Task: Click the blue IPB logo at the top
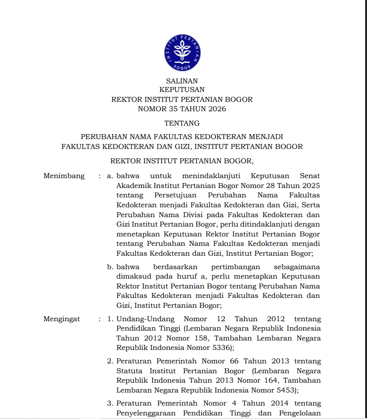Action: pyautogui.click(x=182, y=52)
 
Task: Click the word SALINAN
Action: pyautogui.click(x=182, y=81)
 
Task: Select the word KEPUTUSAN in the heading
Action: pyautogui.click(x=182, y=90)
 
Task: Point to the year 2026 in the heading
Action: pyautogui.click(x=217, y=109)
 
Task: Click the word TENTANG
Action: pyautogui.click(x=182, y=123)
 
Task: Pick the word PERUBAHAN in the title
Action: pyautogui.click(x=102, y=136)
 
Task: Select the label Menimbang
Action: pyautogui.click(x=64, y=176)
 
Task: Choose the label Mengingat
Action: pyautogui.click(x=62, y=319)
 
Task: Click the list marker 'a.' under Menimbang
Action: pyautogui.click(x=110, y=176)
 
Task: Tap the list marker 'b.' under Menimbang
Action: pyautogui.click(x=110, y=267)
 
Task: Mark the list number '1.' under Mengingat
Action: pyautogui.click(x=110, y=319)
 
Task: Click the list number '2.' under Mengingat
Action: pyautogui.click(x=110, y=361)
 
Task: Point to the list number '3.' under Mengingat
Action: pyautogui.click(x=110, y=403)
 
